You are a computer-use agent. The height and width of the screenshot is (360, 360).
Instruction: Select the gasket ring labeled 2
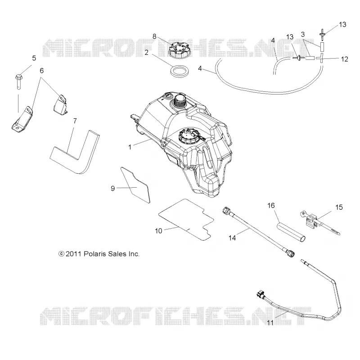click(x=180, y=72)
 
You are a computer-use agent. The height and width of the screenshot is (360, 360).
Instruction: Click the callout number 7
click(x=75, y=121)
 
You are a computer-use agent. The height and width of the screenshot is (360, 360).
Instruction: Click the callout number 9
click(x=113, y=188)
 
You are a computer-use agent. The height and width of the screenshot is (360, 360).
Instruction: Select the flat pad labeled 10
click(x=186, y=219)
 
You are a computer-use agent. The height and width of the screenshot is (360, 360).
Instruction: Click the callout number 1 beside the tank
click(x=130, y=147)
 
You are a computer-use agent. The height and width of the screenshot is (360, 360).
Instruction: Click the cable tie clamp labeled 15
click(x=319, y=223)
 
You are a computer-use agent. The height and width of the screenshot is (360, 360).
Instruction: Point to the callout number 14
click(x=232, y=238)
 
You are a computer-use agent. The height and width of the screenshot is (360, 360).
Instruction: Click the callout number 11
click(x=270, y=323)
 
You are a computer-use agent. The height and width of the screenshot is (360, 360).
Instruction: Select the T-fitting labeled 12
click(x=321, y=59)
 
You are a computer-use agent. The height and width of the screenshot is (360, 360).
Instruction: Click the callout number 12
click(x=344, y=59)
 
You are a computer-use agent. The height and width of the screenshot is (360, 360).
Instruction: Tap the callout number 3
click(x=302, y=35)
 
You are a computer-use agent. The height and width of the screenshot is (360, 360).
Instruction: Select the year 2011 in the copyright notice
click(x=73, y=254)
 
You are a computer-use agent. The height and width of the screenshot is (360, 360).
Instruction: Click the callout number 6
click(x=41, y=71)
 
